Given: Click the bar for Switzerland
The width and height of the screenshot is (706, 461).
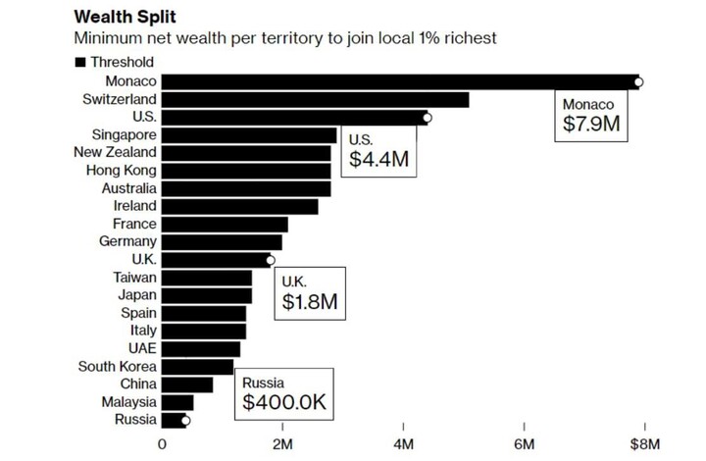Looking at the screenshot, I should click(315, 99).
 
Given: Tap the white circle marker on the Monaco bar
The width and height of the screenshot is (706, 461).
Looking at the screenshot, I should click(638, 81).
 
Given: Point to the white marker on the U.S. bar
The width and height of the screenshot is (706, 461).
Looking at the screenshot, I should click(427, 118).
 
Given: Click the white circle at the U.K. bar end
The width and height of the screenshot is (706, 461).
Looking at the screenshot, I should click(271, 260).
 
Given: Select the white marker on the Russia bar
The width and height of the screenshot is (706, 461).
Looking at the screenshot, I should click(185, 421).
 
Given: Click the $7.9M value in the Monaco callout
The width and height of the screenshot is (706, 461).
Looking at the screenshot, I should click(593, 126).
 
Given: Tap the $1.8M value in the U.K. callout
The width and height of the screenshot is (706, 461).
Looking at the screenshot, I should click(310, 301).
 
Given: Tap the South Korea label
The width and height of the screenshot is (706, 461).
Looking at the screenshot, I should click(118, 367).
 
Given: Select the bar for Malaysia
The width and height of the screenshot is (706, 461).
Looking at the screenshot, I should click(177, 402).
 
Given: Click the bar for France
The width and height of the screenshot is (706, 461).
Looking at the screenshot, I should click(225, 224).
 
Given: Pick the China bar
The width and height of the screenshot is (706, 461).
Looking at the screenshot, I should click(187, 384).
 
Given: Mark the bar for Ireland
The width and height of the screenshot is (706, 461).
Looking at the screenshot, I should click(239, 206).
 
